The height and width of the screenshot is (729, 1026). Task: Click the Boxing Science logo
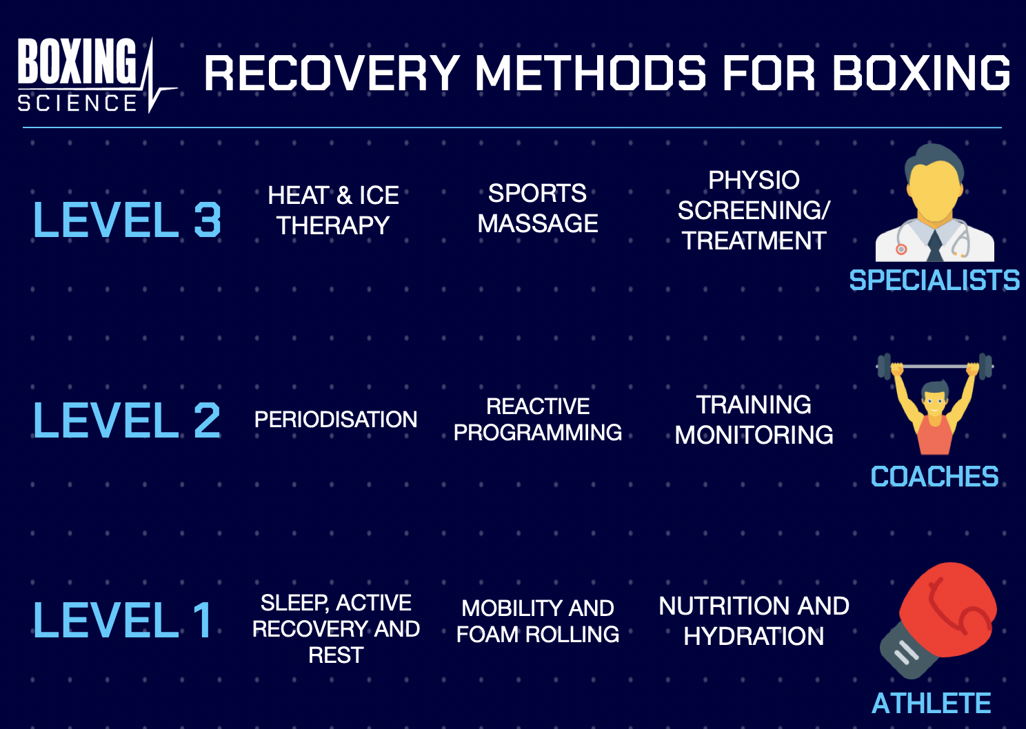click(90, 74)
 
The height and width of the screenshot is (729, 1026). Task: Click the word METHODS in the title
click(590, 73)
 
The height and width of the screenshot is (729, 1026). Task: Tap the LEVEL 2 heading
click(128, 420)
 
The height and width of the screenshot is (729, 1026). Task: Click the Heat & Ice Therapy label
click(334, 210)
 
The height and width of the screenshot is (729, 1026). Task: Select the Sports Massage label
click(538, 208)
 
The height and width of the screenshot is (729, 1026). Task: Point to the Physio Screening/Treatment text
click(754, 210)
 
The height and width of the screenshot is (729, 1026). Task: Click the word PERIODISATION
click(336, 419)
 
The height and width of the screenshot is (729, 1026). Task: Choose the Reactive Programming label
click(538, 419)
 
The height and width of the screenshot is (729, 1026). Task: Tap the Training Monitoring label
click(754, 420)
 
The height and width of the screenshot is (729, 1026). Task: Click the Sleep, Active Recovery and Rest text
click(336, 628)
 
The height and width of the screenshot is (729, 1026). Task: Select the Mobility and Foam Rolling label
click(538, 621)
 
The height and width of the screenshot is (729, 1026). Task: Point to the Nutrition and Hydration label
click(754, 621)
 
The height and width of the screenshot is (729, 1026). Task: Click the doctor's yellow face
click(934, 191)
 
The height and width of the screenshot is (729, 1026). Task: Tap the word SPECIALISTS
click(934, 280)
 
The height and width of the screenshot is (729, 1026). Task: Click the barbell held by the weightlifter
click(934, 366)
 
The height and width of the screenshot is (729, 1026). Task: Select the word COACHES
click(934, 477)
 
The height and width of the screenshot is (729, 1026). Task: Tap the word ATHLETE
click(932, 704)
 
